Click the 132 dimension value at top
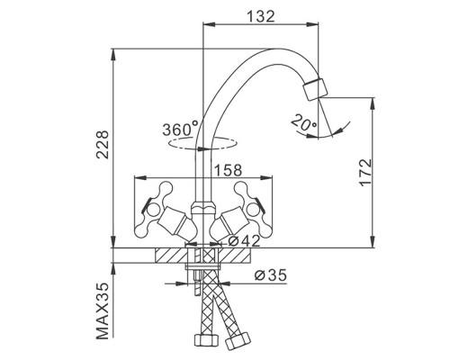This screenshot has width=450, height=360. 260,16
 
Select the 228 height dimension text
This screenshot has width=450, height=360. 102,144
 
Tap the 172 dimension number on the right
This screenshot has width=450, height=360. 365,172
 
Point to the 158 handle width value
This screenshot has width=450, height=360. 228,170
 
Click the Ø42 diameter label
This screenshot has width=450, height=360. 244,241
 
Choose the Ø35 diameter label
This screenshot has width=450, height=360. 270,274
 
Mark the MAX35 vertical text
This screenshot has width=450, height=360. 102,310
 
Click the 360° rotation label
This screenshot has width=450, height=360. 181,129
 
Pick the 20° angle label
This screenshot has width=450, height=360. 303,122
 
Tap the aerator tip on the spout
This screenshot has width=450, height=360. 316,89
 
